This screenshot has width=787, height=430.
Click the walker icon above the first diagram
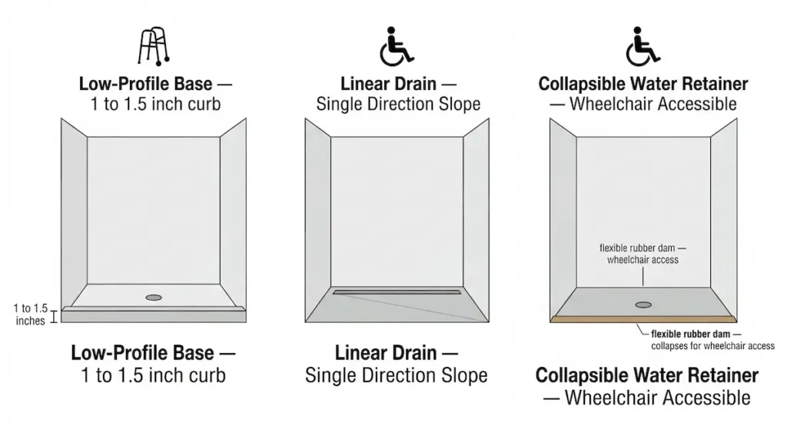(x=152, y=47)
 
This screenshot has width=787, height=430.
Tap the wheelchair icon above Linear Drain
(x=396, y=46)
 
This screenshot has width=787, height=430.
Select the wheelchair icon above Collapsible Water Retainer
(x=643, y=46)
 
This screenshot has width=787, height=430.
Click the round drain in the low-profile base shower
(x=154, y=296)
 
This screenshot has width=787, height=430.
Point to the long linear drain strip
(x=397, y=292)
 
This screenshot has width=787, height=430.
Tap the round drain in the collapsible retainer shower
(x=643, y=305)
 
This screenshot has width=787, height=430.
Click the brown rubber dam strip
(x=643, y=318)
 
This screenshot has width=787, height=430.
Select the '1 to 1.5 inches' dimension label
(x=31, y=315)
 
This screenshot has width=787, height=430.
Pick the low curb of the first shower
(x=154, y=314)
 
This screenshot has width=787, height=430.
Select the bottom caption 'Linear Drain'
(x=396, y=354)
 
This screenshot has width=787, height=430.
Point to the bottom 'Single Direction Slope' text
(x=396, y=375)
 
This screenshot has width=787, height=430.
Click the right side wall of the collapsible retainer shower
(x=722, y=219)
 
